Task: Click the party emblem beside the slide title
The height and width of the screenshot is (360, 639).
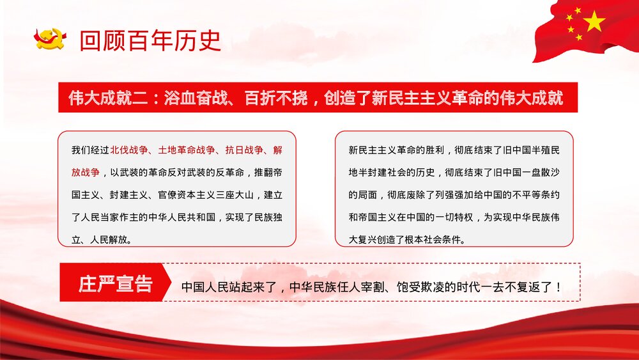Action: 50,40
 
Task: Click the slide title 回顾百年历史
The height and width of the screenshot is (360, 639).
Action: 150,40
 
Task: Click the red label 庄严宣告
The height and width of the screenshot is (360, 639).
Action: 116,284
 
